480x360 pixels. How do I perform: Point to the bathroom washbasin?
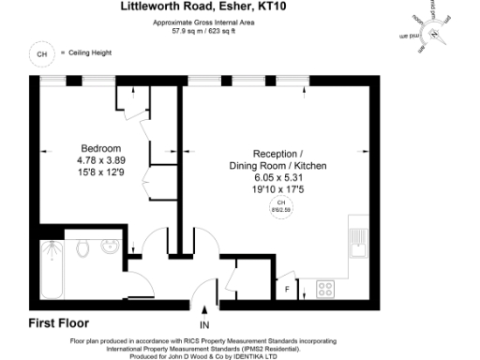click(x=111, y=248)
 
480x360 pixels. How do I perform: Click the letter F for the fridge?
click(x=288, y=290)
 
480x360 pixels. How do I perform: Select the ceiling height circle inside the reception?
click(x=278, y=205)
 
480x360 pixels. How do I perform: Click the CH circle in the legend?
click(x=40, y=54)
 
